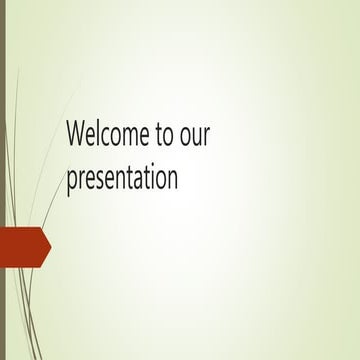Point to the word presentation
[x=122, y=179]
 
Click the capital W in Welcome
[x=76, y=134]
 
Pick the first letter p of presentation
[x=71, y=181]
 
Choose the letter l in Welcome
[x=96, y=133]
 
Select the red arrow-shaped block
[x=22, y=246]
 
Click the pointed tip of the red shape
[x=49, y=246]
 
